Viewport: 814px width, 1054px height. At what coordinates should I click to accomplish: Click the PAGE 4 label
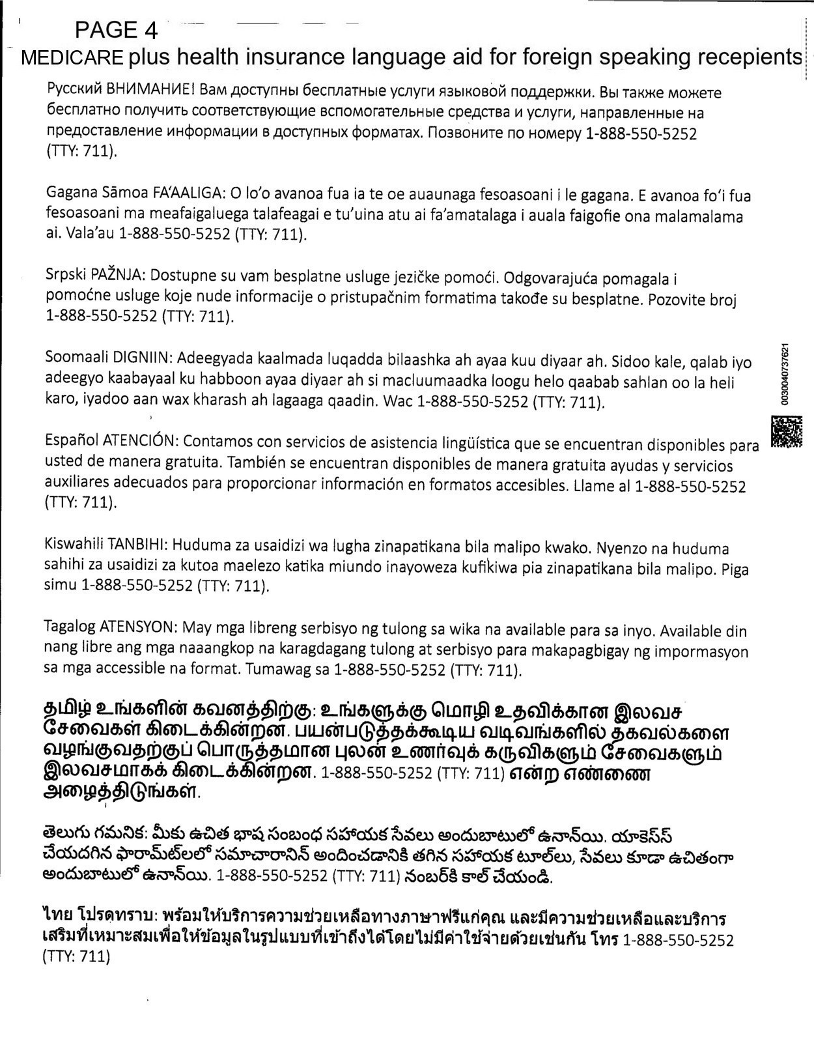pyautogui.click(x=117, y=29)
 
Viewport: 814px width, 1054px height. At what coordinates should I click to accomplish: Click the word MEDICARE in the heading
pyautogui.click(x=72, y=58)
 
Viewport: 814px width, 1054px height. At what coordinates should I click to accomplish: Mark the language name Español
pyautogui.click(x=72, y=440)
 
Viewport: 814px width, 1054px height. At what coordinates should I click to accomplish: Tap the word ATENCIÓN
pyautogui.click(x=140, y=440)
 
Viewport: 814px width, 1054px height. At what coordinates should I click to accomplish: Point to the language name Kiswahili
pyautogui.click(x=74, y=544)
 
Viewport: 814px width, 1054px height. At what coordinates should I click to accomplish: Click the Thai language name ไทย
pyautogui.click(x=56, y=918)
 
